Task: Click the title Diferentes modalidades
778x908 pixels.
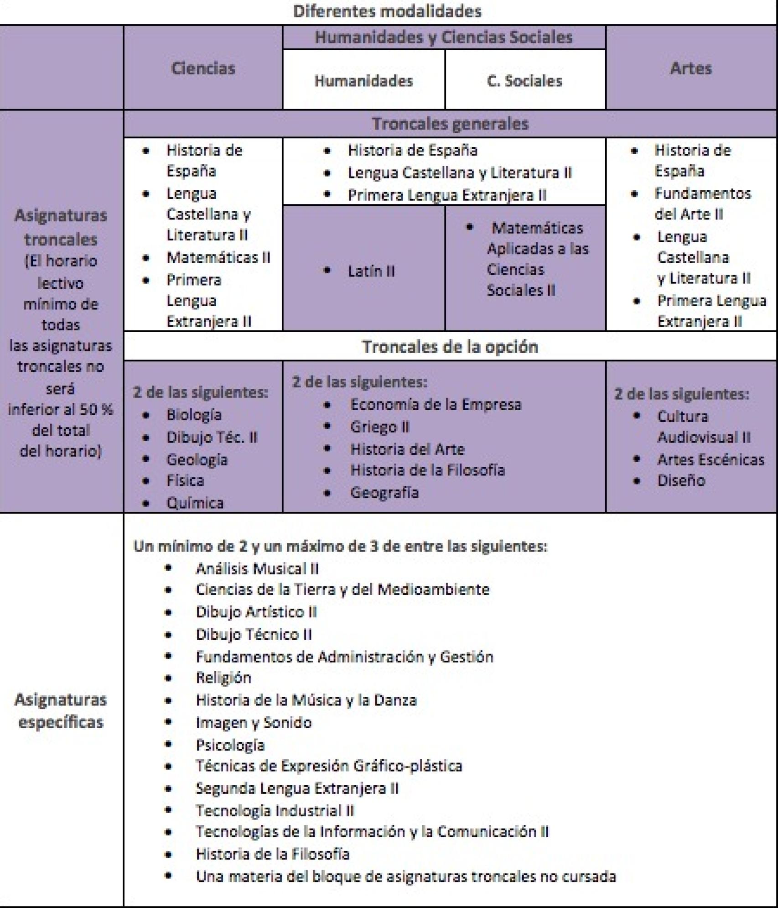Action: [387, 11]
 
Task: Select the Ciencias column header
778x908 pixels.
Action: [203, 68]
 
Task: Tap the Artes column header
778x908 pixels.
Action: [690, 68]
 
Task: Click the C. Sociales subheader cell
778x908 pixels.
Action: [524, 81]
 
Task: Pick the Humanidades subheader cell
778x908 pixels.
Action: [363, 81]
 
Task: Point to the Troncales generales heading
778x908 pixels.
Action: [450, 124]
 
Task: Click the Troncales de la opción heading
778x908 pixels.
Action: [450, 347]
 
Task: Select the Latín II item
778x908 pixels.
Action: [371, 271]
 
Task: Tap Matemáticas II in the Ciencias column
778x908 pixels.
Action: [218, 257]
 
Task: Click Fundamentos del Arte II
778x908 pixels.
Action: [702, 204]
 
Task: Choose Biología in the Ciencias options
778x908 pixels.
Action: [194, 415]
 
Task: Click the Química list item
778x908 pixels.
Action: [195, 503]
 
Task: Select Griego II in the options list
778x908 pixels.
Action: [379, 427]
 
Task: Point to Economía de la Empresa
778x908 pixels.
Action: [435, 404]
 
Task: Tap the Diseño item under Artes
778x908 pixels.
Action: [681, 480]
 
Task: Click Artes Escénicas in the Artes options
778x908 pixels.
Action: [711, 459]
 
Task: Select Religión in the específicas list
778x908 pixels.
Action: [223, 678]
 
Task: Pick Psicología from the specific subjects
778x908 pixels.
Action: [230, 745]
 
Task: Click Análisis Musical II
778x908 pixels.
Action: [257, 569]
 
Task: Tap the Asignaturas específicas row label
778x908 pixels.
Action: [61, 711]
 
